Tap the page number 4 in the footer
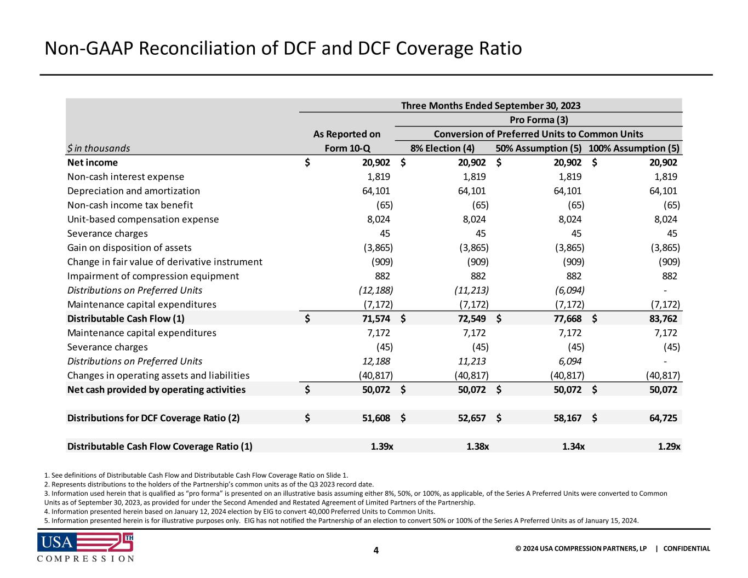[x=376, y=550]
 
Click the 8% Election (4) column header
[x=443, y=148]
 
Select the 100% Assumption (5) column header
[x=634, y=148]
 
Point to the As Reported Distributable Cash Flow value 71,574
[x=372, y=319]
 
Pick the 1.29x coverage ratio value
[x=669, y=447]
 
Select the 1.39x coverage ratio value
[x=381, y=447]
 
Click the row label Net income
[x=92, y=162]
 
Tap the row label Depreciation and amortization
[x=133, y=191]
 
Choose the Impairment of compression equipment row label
[x=153, y=276]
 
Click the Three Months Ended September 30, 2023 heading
[x=490, y=105]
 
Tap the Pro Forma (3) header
[x=538, y=119]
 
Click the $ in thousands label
[x=99, y=148]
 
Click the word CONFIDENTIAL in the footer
[x=687, y=548]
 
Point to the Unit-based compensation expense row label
[x=142, y=219]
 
